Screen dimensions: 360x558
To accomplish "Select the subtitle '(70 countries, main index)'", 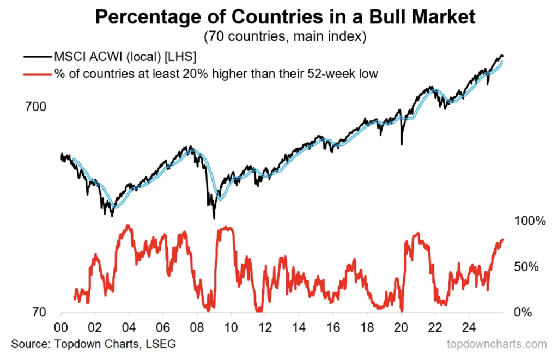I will [x=286, y=38].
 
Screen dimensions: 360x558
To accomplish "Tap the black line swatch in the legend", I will [x=36, y=56].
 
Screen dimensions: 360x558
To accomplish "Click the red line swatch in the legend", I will [x=36, y=72].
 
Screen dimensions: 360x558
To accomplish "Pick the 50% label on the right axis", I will [x=526, y=267].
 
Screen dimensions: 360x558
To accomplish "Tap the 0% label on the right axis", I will [x=523, y=312].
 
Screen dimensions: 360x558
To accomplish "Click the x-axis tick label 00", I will [x=61, y=329].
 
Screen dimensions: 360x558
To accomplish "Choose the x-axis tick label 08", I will [x=197, y=329].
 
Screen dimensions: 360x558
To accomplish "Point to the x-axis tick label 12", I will [x=265, y=329].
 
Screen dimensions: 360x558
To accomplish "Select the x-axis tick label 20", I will [x=401, y=329].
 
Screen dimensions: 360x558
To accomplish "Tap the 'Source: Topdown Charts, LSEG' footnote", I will [x=93, y=345].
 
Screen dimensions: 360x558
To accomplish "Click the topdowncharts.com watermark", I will [x=496, y=345].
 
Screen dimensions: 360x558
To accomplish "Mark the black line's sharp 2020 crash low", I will [x=402, y=144].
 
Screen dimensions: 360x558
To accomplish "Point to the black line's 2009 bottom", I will [x=214, y=218].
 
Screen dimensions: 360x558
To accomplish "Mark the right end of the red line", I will [x=502, y=239].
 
